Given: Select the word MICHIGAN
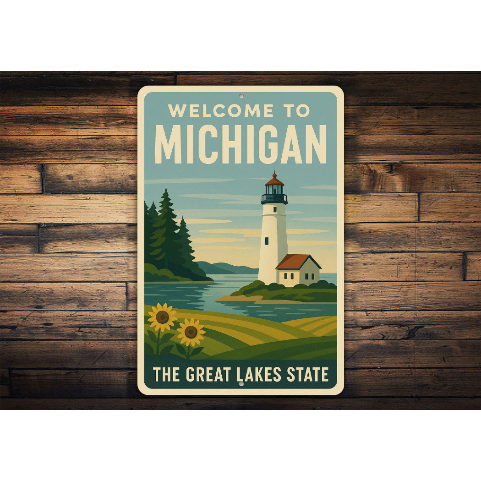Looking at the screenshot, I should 240,144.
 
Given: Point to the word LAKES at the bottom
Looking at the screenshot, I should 258,375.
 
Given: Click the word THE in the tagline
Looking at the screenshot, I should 167,375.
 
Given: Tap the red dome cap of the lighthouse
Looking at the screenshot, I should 274,180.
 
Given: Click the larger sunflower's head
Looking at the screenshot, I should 162,317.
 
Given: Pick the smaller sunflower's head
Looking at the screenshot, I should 191,332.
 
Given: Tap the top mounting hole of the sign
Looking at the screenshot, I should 241,96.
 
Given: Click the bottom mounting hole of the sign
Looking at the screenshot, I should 241,384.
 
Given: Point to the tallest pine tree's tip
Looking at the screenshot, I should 165,190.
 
